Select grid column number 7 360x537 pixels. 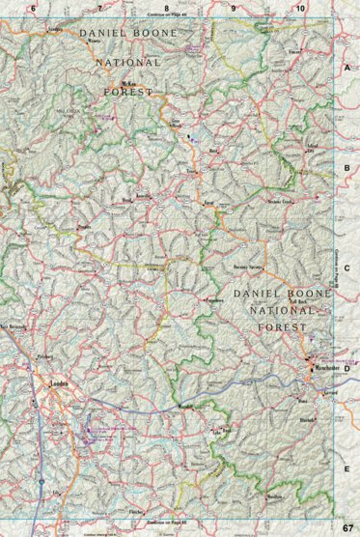point(99,8)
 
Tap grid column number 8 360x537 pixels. point(166,8)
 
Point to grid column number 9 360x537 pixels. point(233,8)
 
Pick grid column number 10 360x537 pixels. point(300,8)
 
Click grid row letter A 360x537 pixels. point(346,69)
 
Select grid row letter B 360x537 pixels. point(346,167)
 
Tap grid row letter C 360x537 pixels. point(346,268)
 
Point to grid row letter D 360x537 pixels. point(346,368)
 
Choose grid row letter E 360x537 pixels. point(346,467)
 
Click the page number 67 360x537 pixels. point(347,527)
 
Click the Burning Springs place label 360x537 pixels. point(249,263)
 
